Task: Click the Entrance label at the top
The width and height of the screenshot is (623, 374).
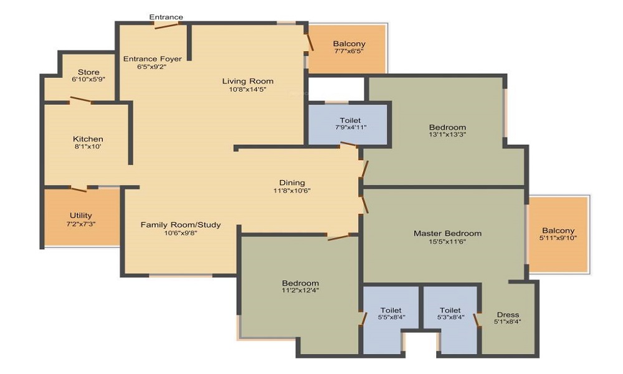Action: coord(166,17)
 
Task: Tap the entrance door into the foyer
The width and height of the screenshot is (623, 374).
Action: coord(166,26)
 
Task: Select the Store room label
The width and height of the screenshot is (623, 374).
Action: coord(88,72)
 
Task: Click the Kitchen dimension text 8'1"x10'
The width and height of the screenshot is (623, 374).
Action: coord(87,147)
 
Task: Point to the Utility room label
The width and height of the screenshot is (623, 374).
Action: coord(80,216)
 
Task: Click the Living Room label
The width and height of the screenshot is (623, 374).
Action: coord(248,81)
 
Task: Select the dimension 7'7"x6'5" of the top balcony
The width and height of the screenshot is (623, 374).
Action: coord(349,52)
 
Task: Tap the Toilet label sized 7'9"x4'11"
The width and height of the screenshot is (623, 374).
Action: coord(350,120)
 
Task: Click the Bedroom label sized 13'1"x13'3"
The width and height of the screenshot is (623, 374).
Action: coord(447,127)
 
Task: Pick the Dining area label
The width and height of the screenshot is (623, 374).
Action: coord(292,182)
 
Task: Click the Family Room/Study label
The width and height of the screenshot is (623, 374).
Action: coord(180,224)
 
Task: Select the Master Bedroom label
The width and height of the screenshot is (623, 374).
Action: coord(447,233)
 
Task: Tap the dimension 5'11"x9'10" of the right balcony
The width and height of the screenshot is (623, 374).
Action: coord(558,239)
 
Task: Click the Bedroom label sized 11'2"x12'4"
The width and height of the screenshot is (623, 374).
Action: coord(300,282)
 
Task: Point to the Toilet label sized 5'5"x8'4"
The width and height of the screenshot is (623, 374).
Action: coord(391,310)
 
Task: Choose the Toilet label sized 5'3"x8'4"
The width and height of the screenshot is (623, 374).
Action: coord(450,310)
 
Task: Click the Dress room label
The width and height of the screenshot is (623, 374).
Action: coord(508,314)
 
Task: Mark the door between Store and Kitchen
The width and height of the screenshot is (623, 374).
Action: coord(80,100)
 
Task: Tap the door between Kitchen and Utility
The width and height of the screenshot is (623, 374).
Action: coord(79,188)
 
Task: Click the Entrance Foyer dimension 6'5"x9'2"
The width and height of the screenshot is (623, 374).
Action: coord(152,67)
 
